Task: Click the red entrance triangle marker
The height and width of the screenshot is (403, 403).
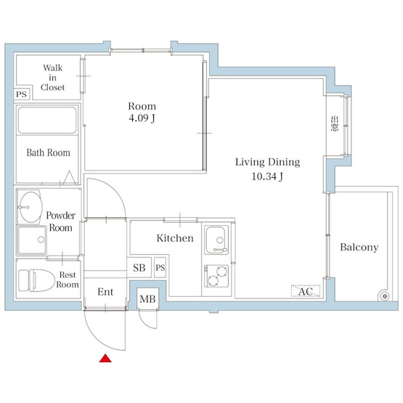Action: point(105,358)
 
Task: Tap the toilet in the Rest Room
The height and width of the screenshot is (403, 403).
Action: point(37,280)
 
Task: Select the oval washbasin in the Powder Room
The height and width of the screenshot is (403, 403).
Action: point(30,207)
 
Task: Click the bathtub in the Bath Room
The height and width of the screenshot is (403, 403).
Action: point(47,121)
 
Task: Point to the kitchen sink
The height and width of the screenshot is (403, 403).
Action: point(216,240)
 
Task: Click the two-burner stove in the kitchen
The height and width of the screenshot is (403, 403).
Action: point(216,276)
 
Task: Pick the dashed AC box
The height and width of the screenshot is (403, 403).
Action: point(306,291)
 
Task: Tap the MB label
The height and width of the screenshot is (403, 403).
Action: point(147,299)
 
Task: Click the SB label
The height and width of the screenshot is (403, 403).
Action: point(139,268)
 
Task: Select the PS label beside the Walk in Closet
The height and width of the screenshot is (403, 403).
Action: point(21,94)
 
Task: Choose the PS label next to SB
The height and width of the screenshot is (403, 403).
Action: point(160,268)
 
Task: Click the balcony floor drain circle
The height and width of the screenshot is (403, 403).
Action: point(385,296)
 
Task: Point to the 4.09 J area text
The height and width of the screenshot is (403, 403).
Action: point(142,118)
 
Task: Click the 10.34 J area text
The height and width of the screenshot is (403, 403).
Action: point(267,176)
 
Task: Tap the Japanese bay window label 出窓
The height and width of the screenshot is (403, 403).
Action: point(334,123)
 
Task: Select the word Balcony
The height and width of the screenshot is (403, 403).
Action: point(359,248)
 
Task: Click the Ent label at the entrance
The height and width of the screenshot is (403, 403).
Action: point(105,292)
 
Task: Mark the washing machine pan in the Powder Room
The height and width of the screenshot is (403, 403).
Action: point(31,240)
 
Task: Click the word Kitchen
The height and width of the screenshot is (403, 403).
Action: point(175,238)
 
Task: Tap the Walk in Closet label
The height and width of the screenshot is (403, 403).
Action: point(53,78)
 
